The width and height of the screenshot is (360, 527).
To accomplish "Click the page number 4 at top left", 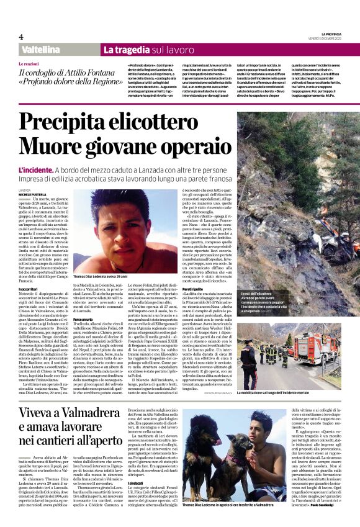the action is click(20, 37).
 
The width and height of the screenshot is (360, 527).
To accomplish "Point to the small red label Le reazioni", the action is click(29, 64).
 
